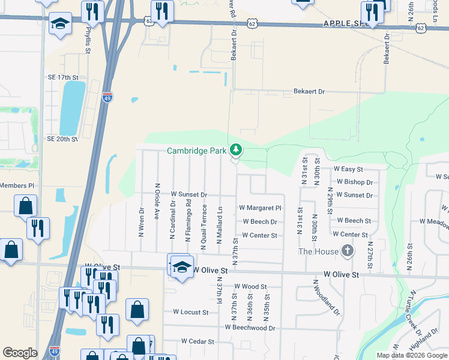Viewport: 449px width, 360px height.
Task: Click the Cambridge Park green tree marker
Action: [x=237, y=149]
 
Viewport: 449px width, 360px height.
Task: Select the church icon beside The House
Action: [x=347, y=251]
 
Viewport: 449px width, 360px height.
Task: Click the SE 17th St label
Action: [x=63, y=78]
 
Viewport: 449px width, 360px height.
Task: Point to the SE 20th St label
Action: [x=63, y=139]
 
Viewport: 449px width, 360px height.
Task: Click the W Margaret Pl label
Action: [x=260, y=208]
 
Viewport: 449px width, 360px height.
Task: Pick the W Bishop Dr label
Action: [x=354, y=182]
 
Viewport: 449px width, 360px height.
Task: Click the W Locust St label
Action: [x=190, y=312]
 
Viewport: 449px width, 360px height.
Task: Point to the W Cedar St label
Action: [x=197, y=341]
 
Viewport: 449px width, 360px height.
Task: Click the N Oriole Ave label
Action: [x=157, y=201]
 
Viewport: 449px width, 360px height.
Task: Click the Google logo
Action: [x=20, y=353]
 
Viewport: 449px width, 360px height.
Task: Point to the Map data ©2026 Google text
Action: [x=412, y=355]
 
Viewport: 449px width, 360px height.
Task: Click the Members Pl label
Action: [x=17, y=186]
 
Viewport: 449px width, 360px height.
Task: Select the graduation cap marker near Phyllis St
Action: [x=59, y=24]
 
